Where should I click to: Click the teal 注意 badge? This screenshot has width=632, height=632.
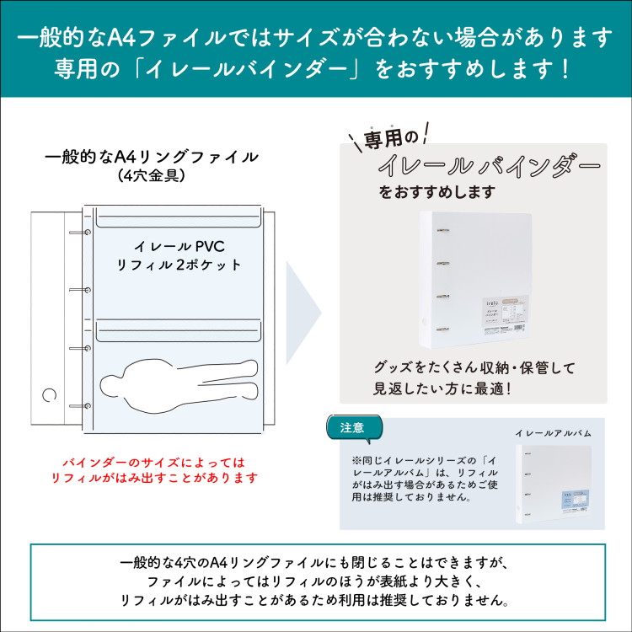(x=352, y=428)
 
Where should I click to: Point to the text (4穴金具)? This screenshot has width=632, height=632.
(x=151, y=177)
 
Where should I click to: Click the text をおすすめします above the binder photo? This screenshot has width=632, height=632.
(x=437, y=192)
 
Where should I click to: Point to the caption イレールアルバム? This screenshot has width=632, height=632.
(x=553, y=432)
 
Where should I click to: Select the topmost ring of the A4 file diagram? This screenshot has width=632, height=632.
(x=86, y=233)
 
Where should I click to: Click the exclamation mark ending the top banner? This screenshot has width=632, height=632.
(x=564, y=67)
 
